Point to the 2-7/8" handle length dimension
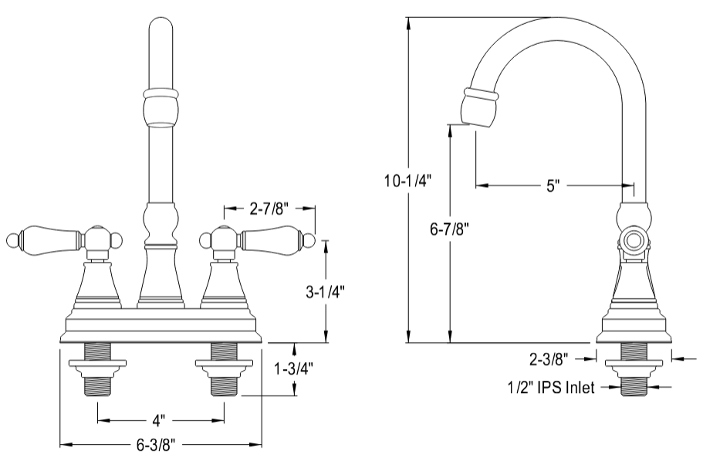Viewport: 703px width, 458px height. point(269,208)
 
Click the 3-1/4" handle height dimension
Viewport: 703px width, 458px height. point(325,291)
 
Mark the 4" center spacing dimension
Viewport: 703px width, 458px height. point(160,421)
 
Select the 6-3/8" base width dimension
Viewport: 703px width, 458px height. point(161,445)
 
